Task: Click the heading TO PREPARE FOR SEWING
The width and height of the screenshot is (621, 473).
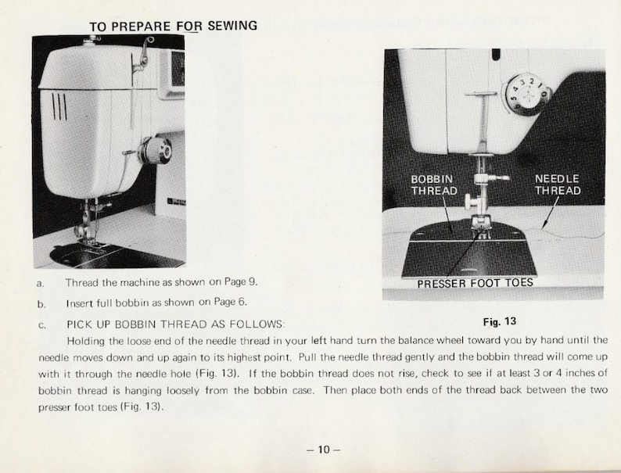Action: point(173,26)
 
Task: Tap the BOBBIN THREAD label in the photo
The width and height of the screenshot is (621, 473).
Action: point(432,185)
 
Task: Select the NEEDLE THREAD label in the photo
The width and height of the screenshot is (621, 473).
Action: point(558,185)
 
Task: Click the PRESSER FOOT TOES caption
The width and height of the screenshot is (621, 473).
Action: point(475,283)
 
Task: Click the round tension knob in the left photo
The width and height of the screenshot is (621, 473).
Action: point(156,149)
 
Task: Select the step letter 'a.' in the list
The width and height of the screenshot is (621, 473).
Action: point(40,282)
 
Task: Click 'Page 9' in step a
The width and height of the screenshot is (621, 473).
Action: point(239,281)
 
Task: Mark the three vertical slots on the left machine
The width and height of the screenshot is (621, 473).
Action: point(59,106)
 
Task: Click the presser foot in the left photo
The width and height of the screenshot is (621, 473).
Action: point(87,234)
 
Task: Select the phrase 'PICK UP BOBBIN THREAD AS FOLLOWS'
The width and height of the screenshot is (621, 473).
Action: point(176,323)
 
